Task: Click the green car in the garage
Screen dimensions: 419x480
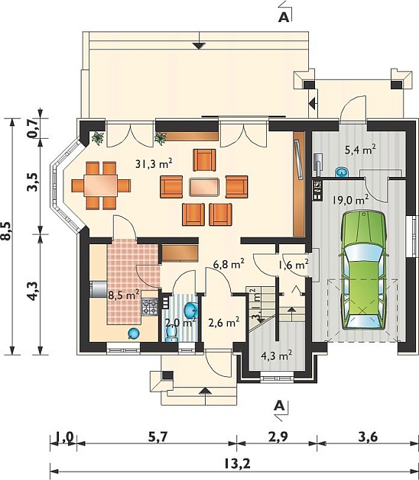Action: pos(363,269)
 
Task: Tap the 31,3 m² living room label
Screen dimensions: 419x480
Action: pos(154,164)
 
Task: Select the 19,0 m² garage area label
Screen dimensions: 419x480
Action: pos(350,200)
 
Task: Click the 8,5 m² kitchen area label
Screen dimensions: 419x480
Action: pos(124,295)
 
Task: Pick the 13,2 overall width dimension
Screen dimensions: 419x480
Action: pos(237,464)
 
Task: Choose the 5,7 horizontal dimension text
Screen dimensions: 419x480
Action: pos(159,437)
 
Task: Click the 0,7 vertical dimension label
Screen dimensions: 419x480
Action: pos(34,127)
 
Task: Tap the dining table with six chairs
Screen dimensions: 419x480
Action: pos(101,185)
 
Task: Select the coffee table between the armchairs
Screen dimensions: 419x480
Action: pos(204,188)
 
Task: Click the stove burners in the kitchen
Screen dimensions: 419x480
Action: pos(150,307)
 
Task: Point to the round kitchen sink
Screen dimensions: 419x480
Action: pos(134,333)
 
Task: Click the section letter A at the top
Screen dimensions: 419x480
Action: pos(284,18)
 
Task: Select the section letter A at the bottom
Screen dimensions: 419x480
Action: pos(279,406)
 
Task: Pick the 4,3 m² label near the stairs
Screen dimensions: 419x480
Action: pos(276,356)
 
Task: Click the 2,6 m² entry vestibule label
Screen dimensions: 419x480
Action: pos(224,322)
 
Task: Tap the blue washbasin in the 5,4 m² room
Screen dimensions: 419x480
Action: pos(342,172)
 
